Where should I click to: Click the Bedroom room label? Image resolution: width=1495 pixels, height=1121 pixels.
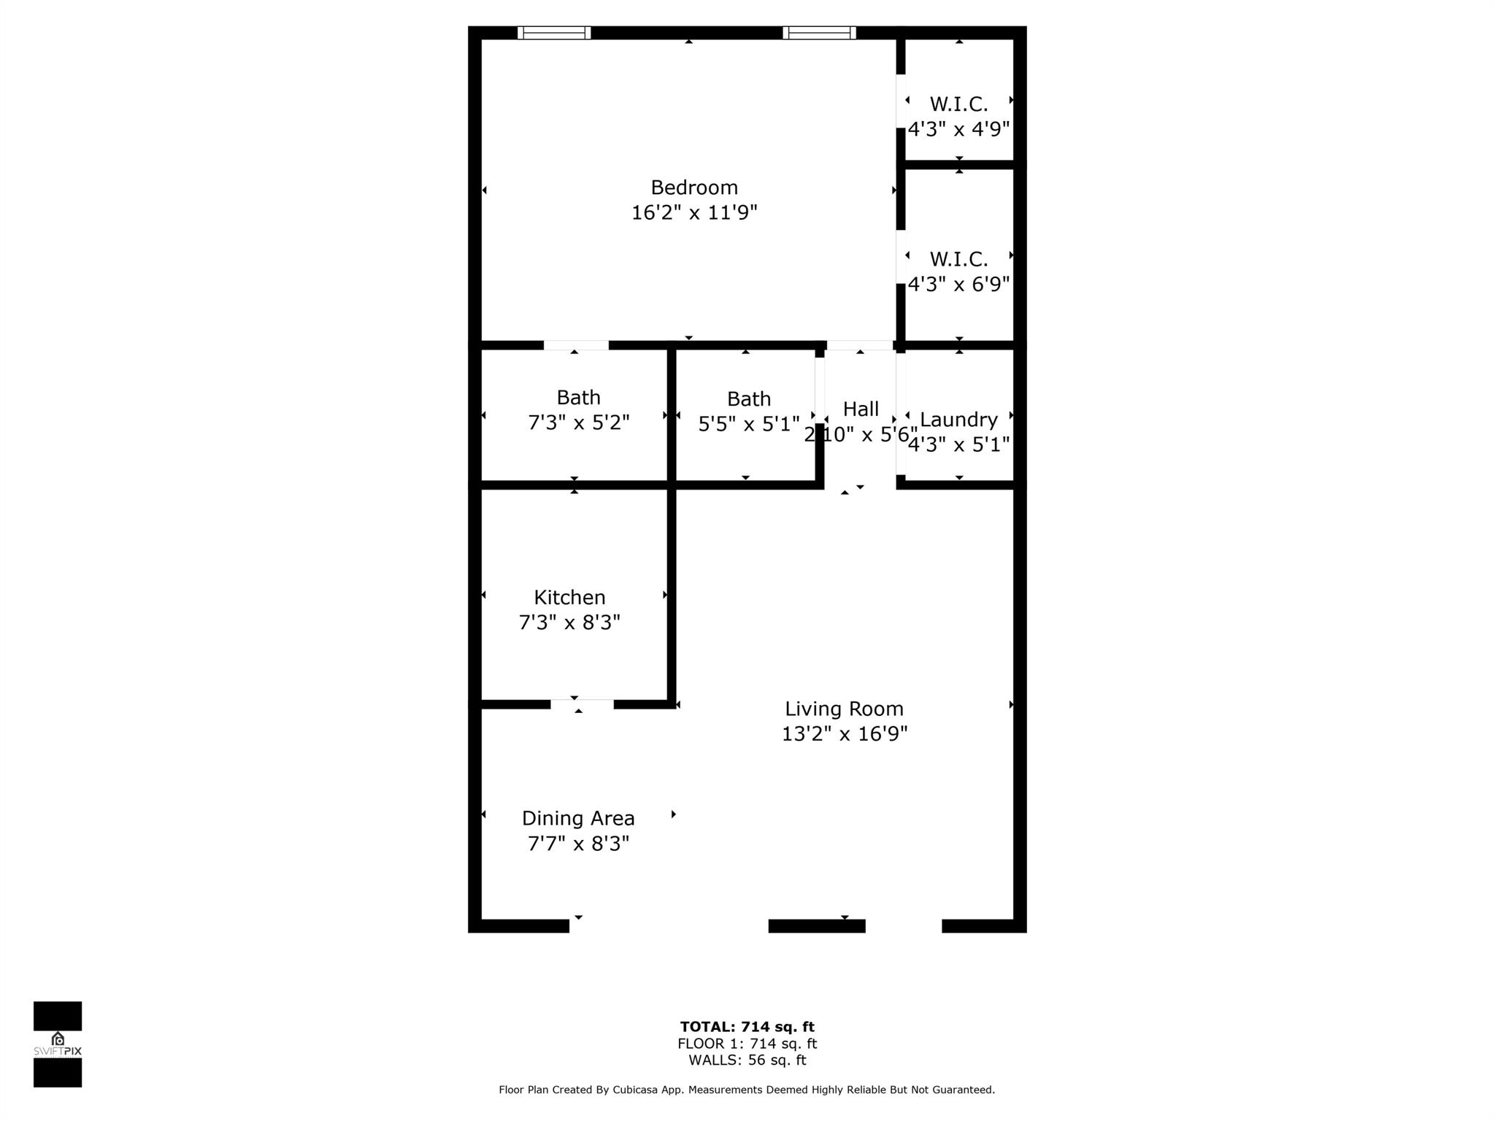pos(694,188)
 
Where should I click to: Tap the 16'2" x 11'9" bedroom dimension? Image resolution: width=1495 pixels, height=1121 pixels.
pos(694,212)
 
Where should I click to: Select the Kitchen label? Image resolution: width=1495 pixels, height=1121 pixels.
pos(569,598)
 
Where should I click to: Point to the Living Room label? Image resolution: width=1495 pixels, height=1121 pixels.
pos(844,709)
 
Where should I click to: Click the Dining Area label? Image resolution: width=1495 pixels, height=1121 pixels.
pos(578,818)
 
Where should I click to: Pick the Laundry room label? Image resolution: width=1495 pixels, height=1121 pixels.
pos(958,420)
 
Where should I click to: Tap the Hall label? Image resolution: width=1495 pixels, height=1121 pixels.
pos(861,409)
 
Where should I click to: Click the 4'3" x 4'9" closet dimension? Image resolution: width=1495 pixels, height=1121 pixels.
pos(958,129)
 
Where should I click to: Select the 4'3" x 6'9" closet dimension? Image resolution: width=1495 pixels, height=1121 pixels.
pos(958,284)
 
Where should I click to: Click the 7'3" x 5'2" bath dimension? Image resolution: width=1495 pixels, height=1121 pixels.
pos(578,423)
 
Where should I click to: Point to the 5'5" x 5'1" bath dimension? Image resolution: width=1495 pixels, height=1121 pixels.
pos(749,424)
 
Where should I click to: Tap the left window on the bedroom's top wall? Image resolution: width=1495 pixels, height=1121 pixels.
pos(554,33)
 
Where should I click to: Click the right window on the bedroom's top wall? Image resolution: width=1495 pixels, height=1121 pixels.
pos(819,33)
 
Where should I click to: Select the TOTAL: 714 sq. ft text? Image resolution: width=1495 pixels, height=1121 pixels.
pos(747,1028)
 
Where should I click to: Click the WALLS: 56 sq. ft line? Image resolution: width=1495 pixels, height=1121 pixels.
pos(747,1060)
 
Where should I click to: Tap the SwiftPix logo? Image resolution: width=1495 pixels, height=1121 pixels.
pos(58,1044)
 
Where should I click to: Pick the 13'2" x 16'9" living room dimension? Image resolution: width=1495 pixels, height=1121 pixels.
pos(844,733)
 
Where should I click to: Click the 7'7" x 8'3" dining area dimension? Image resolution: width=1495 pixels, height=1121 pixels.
pos(578,844)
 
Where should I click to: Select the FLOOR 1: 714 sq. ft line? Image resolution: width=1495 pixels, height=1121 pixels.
pos(747,1044)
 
